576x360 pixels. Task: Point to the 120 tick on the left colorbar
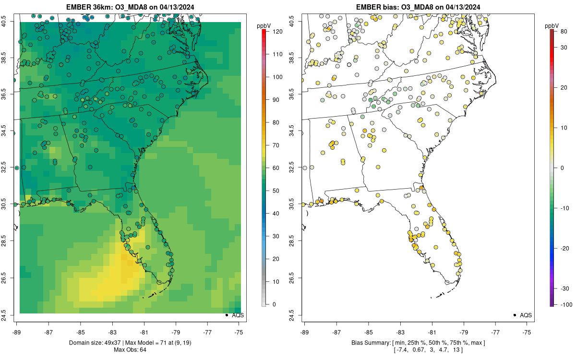(278, 32)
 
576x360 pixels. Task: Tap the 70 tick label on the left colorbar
(276, 145)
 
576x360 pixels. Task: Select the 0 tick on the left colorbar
(274, 304)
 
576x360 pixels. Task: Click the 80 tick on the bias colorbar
(564, 32)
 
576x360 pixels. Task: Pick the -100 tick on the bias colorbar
(566, 305)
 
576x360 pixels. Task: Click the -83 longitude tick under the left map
(112, 333)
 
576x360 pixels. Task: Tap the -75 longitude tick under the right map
(527, 333)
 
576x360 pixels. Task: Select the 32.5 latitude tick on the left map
(4, 167)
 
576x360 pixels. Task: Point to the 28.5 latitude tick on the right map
(292, 240)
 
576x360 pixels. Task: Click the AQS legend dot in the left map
(227, 315)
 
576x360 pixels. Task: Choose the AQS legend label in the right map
(526, 315)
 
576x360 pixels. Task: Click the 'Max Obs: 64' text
(130, 350)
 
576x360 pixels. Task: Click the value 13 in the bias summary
(456, 350)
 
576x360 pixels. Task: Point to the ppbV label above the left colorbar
(264, 26)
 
